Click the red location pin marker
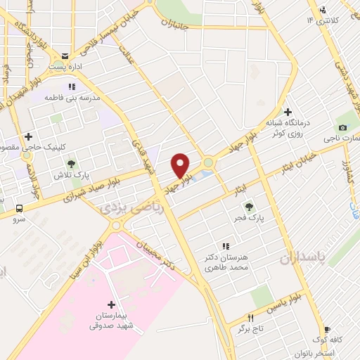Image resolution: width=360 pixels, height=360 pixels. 181,165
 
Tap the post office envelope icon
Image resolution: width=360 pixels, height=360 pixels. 65,56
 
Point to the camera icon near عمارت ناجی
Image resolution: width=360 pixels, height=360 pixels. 342,127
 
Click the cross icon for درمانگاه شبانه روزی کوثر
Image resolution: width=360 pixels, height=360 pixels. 288,111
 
